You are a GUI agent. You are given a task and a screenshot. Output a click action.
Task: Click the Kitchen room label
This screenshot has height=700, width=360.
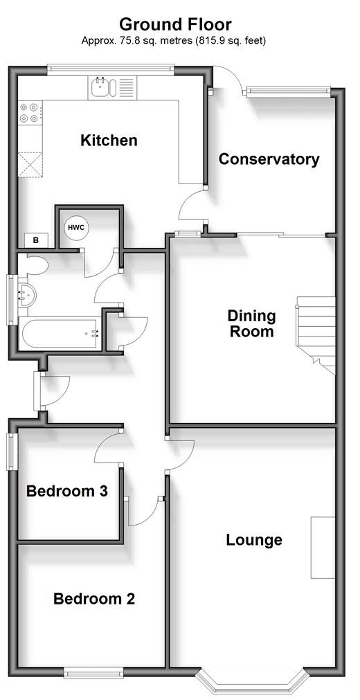pyautogui.click(x=109, y=140)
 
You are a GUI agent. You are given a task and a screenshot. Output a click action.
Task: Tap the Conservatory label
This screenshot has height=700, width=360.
pyautogui.click(x=269, y=159)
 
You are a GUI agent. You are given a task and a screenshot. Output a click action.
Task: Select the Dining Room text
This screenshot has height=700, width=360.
pyautogui.click(x=251, y=323)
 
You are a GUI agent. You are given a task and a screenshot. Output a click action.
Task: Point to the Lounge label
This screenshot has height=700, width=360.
pyautogui.click(x=254, y=540)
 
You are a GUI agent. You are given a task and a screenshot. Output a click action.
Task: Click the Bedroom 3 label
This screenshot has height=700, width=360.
pyautogui.click(x=67, y=492)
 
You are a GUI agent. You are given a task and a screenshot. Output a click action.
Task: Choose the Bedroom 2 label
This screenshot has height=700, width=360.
pyautogui.click(x=93, y=599)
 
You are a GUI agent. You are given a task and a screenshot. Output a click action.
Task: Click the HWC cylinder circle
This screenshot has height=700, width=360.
pyautogui.click(x=76, y=228)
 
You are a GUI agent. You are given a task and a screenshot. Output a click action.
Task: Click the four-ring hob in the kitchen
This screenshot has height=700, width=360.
pyautogui.click(x=30, y=113)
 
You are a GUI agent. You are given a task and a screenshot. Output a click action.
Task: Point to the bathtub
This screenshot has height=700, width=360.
pyautogui.click(x=60, y=332)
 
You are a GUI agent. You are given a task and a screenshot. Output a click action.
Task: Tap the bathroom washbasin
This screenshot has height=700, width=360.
pyautogui.click(x=27, y=294)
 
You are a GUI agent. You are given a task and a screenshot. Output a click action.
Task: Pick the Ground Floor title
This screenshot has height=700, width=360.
pyautogui.click(x=176, y=24)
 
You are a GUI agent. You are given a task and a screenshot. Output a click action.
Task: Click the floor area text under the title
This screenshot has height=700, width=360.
pyautogui.click(x=174, y=41)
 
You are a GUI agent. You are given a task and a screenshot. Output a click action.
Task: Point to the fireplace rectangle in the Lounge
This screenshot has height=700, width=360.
pyautogui.click(x=323, y=548)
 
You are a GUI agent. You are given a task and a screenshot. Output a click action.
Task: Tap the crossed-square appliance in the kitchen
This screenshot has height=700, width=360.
pyautogui.click(x=31, y=165)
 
